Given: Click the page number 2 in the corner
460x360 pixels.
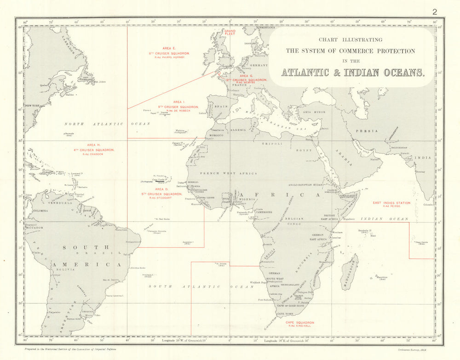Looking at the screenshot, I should point(435,12).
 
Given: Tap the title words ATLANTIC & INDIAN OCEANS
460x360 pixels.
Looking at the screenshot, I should point(353,73).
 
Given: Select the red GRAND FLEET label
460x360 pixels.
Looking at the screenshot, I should point(230,33).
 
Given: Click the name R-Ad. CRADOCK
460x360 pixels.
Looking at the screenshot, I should point(94,154).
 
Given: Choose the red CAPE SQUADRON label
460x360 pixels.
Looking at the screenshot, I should point(299,323).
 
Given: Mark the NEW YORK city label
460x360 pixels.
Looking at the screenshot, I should point(32,106).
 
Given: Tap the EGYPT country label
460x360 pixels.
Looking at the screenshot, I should point(304,150).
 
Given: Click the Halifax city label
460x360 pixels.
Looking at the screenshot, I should point(70,95).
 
